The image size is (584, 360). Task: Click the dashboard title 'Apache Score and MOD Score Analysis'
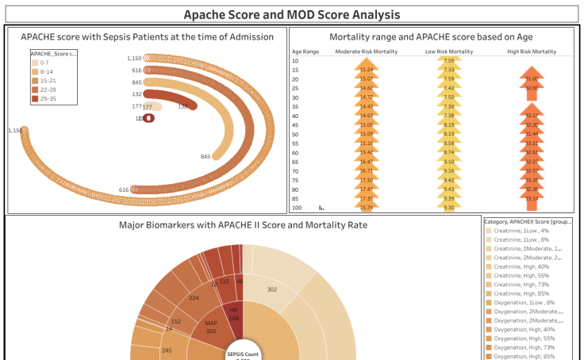pos(291,14)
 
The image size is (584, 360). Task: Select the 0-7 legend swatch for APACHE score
pos(34,62)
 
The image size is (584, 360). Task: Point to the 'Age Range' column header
pos(305,51)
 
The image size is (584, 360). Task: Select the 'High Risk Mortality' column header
pos(531,51)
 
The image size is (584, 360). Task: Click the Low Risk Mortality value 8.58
pos(449,144)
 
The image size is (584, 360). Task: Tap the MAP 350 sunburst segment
pos(210,327)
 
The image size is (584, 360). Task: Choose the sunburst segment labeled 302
pos(272,290)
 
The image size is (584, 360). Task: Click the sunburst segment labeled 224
pos(193,299)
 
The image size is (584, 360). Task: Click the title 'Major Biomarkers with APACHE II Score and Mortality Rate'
pos(243,225)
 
